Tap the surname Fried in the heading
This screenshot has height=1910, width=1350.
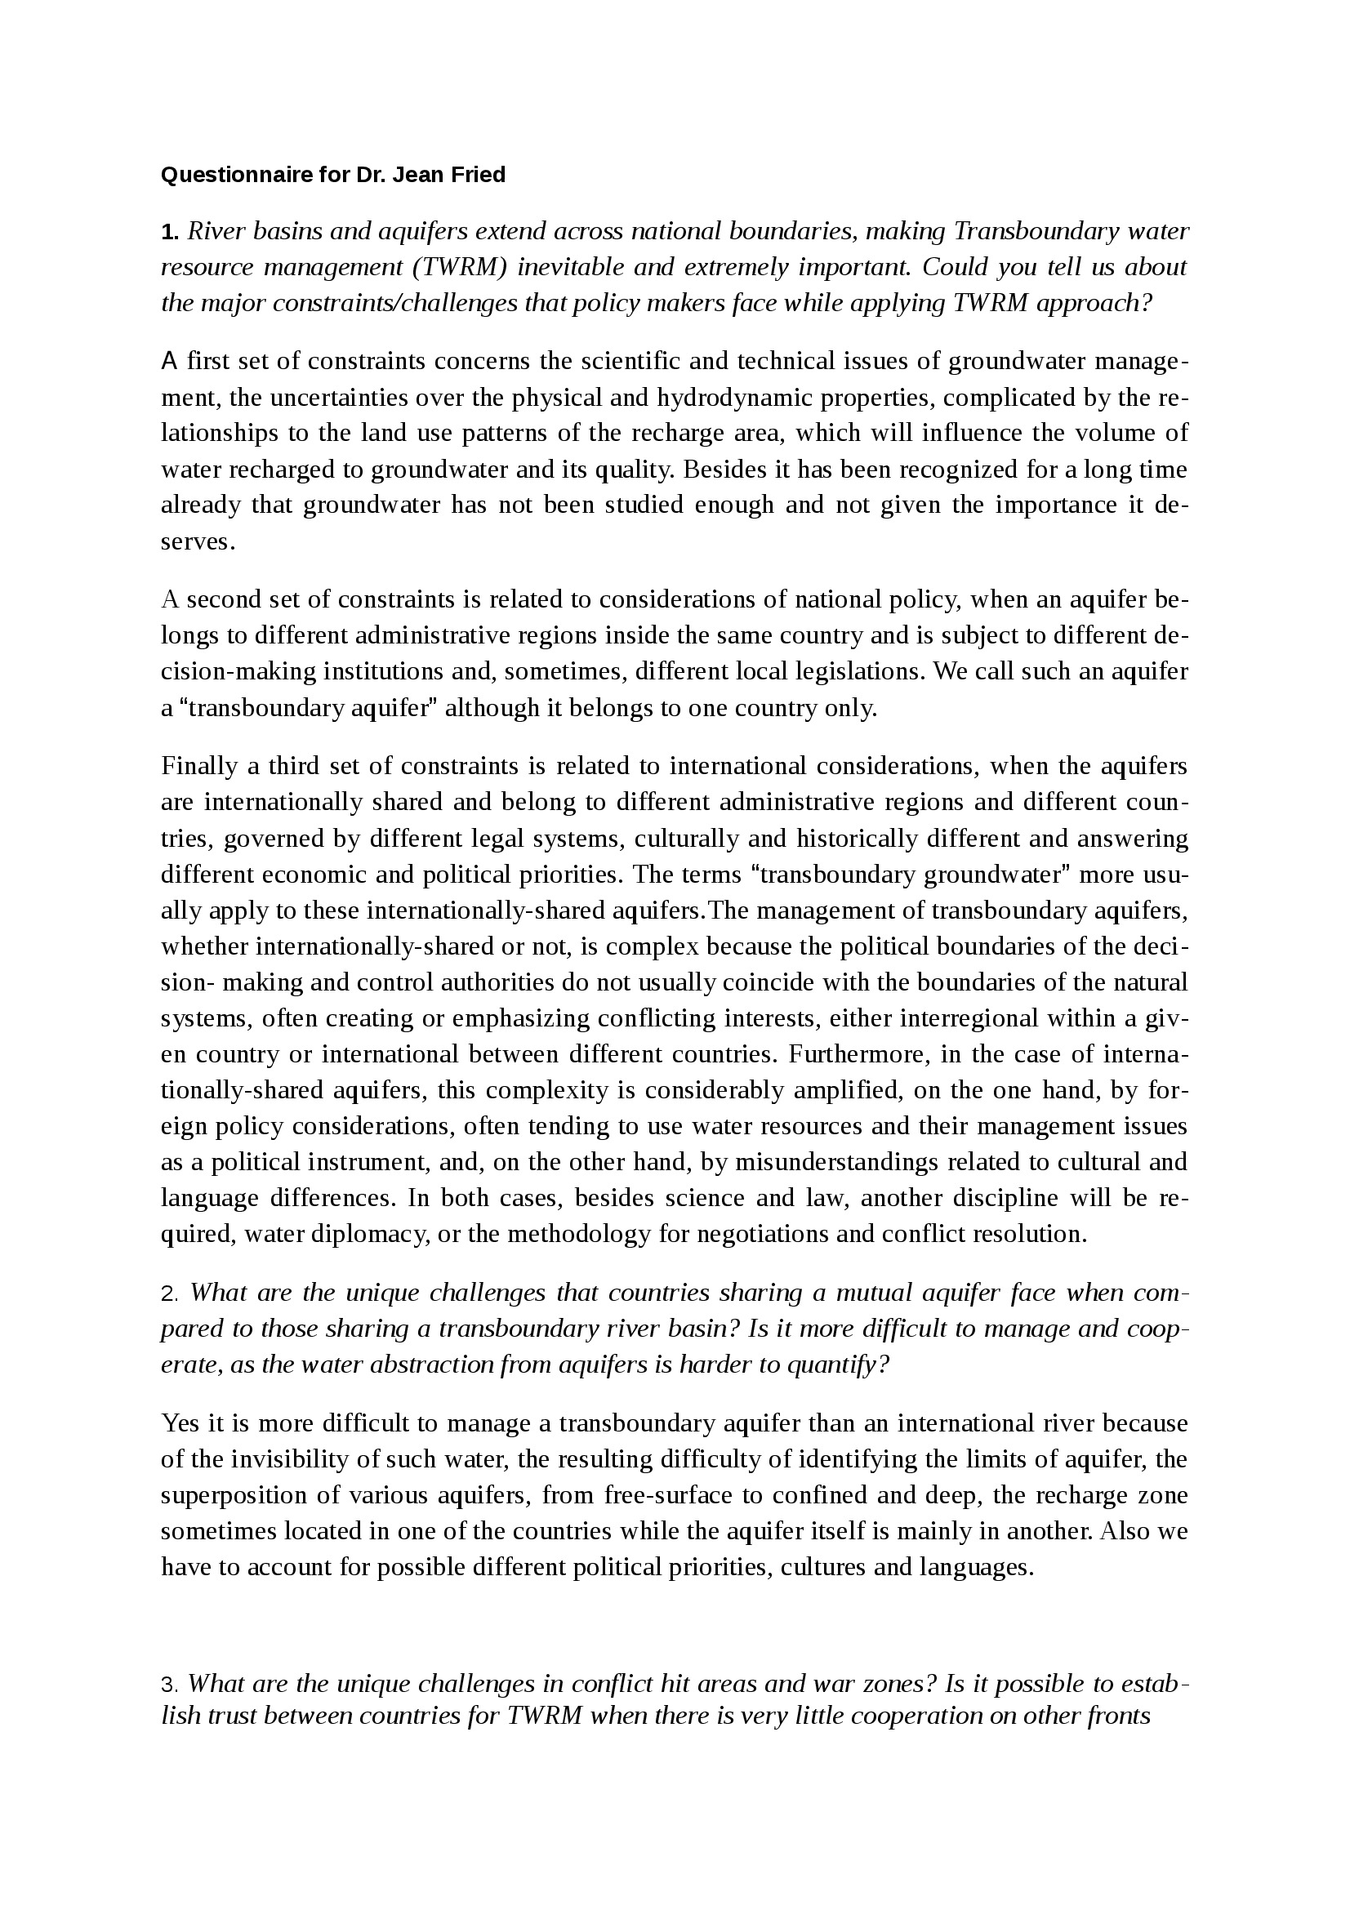pos(479,176)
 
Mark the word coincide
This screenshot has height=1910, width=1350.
pos(769,982)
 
